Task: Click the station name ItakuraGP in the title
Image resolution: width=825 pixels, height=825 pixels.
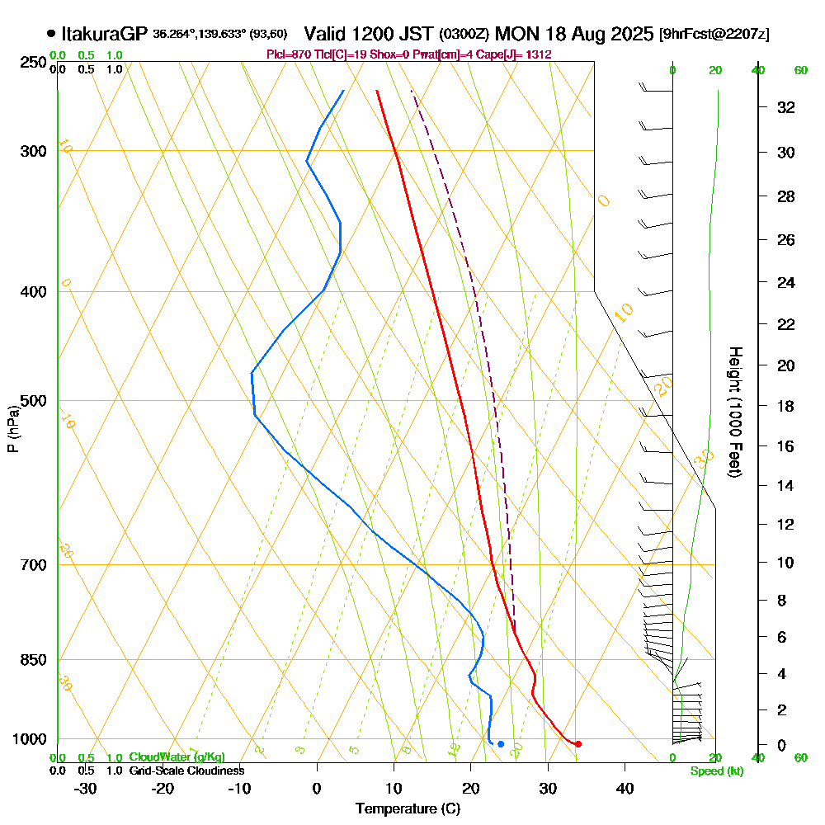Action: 105,34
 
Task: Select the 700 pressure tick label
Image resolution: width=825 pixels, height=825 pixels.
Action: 30,565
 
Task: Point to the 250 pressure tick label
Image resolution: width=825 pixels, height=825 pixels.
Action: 30,63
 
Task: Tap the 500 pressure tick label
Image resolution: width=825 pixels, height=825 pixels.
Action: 30,401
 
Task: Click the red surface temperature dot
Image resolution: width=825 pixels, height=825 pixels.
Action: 577,744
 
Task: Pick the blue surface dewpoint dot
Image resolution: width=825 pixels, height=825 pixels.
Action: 501,744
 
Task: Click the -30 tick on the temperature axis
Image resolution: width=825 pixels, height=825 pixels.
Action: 86,789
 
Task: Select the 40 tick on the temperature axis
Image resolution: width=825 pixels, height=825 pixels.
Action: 625,789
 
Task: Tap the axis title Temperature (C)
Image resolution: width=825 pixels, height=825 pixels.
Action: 408,809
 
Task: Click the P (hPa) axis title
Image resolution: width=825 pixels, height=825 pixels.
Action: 12,429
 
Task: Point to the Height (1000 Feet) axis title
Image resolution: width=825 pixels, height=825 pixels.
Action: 733,411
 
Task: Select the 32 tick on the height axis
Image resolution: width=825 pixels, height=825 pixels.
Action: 787,107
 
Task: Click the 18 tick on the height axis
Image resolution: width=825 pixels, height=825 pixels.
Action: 787,406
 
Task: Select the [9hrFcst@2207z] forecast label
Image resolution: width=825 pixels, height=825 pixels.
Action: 714,35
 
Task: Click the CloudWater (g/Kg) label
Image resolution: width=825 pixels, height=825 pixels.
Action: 177,757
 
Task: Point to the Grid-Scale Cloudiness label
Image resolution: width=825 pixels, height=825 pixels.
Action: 186,771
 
